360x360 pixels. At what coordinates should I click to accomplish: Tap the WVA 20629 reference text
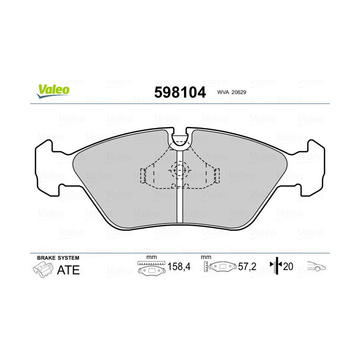coord(231,92)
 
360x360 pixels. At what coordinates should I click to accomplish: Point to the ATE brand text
coord(69,270)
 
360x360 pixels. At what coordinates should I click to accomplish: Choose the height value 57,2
coord(247,267)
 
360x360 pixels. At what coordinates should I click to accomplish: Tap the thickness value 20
coord(288,267)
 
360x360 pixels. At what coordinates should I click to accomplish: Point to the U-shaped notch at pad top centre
coord(180,138)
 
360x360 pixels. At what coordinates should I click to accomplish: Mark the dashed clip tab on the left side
coord(144,175)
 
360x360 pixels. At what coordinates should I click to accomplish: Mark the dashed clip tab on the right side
coord(216,175)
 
